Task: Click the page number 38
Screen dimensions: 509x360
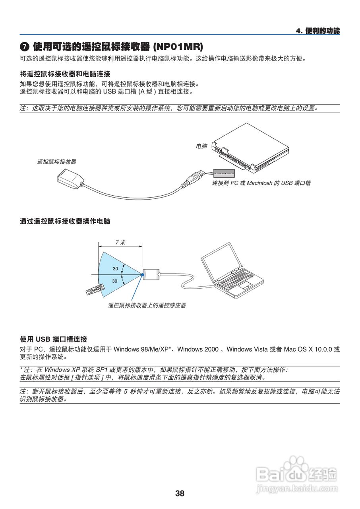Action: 180,493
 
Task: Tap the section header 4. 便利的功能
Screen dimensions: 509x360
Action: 318,31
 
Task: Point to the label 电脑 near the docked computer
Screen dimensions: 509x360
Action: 201,146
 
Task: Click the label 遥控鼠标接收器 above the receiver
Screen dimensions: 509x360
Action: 57,161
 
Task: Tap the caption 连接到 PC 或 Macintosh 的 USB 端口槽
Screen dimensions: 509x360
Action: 261,183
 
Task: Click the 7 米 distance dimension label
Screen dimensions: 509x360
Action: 120,242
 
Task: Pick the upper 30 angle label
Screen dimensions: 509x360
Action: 115,268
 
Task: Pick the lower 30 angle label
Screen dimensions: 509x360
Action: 115,281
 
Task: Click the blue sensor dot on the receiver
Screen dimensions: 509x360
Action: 142,274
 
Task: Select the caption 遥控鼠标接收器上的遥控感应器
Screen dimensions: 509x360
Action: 147,305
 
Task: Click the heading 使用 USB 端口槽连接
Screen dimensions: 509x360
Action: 54,339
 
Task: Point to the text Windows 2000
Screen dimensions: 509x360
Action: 201,349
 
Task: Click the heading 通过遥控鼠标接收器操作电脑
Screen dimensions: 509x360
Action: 65,221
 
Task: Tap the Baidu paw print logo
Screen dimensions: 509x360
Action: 295,465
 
